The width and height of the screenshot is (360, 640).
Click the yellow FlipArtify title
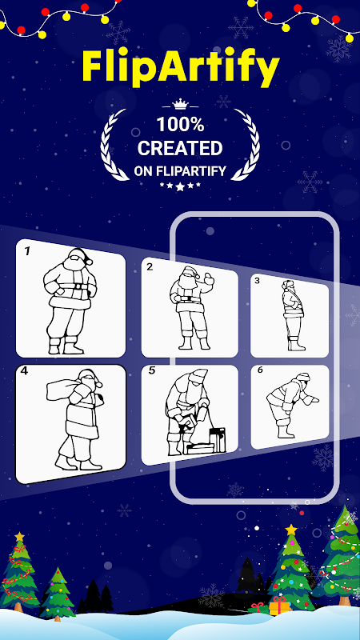point(181,69)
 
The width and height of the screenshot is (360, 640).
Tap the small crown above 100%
point(179,105)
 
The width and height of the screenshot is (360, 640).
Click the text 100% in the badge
point(180,125)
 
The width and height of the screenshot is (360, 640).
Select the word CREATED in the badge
point(179,149)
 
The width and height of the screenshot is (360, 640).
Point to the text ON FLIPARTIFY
point(180,171)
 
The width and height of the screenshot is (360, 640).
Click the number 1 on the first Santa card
point(27,251)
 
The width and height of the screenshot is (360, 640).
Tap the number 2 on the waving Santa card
point(150,267)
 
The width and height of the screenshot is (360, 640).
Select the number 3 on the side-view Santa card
point(257,281)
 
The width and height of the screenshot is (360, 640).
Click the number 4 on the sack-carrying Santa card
point(24,372)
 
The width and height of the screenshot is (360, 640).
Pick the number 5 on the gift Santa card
point(152,372)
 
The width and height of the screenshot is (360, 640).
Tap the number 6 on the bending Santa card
point(260,370)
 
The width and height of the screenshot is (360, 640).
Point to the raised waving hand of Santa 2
point(209,279)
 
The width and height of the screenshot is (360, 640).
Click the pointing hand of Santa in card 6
point(313,400)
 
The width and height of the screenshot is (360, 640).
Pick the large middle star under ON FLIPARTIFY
point(180,186)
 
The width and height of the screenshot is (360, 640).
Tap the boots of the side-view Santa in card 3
point(296,344)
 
